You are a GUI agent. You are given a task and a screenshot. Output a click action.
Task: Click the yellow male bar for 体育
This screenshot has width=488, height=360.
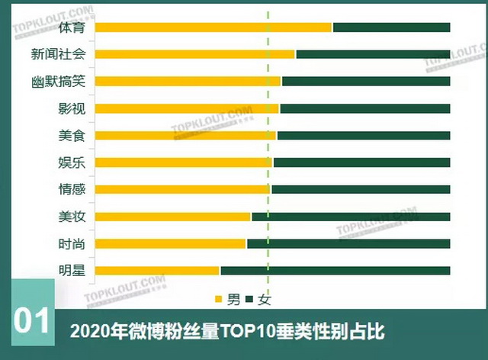coord(213,27)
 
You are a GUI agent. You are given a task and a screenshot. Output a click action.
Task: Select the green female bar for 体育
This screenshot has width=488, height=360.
coord(391,27)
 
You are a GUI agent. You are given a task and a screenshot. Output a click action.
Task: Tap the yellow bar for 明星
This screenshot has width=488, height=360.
coord(158,270)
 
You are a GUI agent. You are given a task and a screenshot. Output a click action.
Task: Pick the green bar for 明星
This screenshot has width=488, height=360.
coord(335,270)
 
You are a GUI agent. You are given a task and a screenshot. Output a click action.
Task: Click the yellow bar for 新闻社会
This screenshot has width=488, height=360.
coord(195,54)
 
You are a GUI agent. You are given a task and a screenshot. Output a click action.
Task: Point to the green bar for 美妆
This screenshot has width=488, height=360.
coord(351,217)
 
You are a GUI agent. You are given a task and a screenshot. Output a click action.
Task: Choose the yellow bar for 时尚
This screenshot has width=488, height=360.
coord(171,243)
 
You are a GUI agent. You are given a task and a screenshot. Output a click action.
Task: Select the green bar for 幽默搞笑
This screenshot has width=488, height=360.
coord(366,81)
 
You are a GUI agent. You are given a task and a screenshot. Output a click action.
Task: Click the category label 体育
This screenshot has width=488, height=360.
coord(72,27)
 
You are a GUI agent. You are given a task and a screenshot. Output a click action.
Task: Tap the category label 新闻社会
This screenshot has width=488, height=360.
coord(58,54)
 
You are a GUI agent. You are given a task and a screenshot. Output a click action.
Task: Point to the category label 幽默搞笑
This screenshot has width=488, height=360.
coord(58,82)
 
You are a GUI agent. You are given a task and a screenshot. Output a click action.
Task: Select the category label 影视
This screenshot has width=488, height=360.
coord(72,108)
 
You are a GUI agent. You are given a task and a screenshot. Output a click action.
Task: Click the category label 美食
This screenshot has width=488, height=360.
coord(72,135)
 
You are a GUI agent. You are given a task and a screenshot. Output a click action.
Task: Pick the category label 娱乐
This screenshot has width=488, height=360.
coord(72,162)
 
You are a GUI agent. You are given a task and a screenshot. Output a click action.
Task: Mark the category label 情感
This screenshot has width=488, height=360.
coord(72,189)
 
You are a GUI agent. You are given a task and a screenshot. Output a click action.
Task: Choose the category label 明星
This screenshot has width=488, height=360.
coord(72,270)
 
